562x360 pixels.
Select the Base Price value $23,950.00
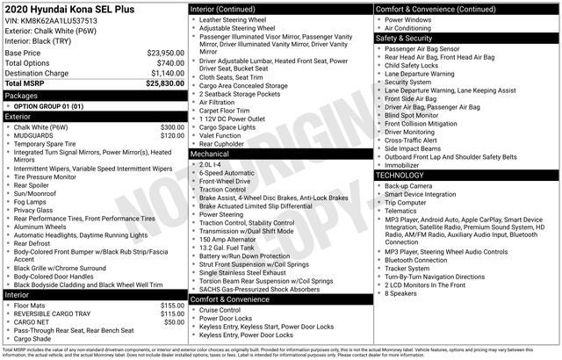165,53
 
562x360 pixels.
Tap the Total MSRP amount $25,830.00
165,83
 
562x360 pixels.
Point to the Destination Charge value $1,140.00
167,73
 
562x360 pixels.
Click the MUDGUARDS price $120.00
172,136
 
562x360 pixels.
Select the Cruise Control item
220,310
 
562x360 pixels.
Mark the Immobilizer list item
403,164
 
